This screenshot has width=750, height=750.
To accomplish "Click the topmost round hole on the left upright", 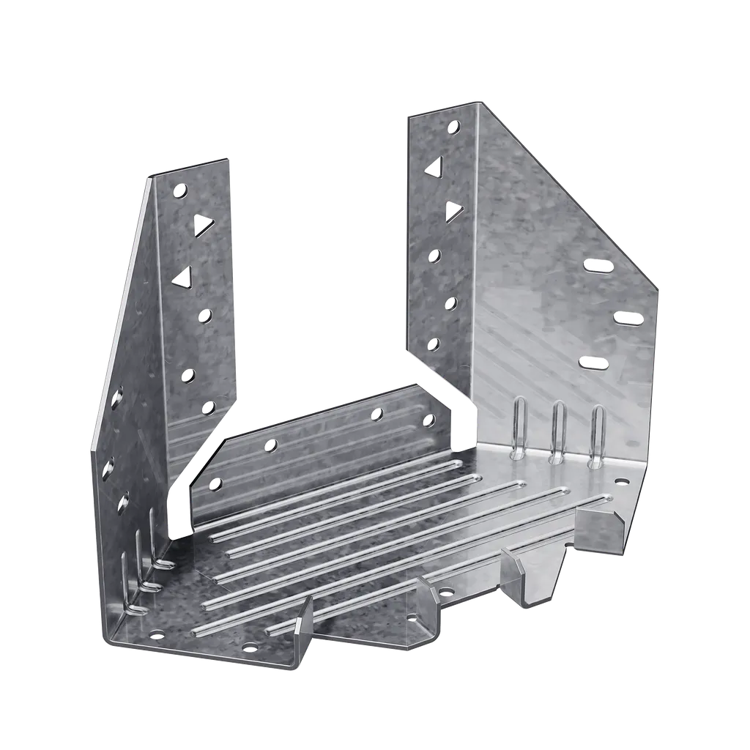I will click(179, 192).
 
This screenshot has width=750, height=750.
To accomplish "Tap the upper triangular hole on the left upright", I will click(202, 223).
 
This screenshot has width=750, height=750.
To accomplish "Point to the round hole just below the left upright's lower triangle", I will click(205, 315).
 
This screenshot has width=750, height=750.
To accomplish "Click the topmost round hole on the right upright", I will click(454, 127).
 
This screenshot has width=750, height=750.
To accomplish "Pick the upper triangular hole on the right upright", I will click(434, 167).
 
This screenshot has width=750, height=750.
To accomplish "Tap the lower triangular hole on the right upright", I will click(453, 212).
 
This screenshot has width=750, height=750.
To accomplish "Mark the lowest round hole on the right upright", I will click(434, 344).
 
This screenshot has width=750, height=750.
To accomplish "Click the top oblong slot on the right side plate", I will click(598, 265).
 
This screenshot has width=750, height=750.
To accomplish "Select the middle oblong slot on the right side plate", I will click(628, 318).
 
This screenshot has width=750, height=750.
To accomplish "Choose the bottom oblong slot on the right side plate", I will click(593, 363).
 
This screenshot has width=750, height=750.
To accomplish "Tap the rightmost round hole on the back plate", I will click(428, 420).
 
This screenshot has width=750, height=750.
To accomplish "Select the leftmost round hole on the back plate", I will click(215, 483).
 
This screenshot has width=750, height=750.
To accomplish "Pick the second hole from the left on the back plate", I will click(272, 444).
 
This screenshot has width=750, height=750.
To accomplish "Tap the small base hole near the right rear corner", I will click(622, 482).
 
